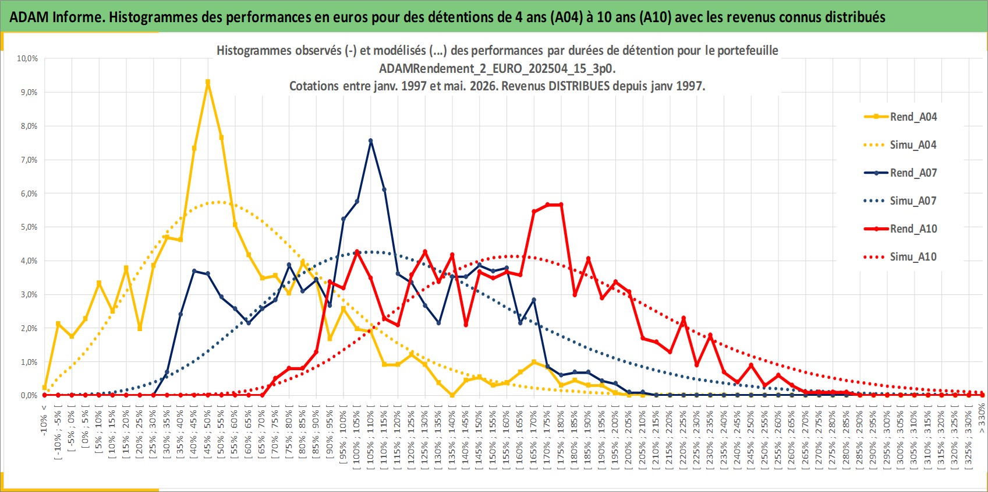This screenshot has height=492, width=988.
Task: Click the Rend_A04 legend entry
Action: pyautogui.click(x=900, y=117)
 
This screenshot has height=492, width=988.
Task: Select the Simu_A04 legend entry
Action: pyautogui.click(x=900, y=145)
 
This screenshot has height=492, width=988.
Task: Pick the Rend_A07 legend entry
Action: pyautogui.click(x=900, y=173)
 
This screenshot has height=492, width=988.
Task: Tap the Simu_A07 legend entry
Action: pyautogui.click(x=900, y=201)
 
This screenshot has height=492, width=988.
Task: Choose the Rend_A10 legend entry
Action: pyautogui.click(x=900, y=229)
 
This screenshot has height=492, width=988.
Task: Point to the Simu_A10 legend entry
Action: pyautogui.click(x=900, y=256)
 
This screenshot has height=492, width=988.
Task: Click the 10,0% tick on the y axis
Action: pyautogui.click(x=27, y=58)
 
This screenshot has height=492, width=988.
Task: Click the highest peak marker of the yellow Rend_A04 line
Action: pyautogui.click(x=208, y=82)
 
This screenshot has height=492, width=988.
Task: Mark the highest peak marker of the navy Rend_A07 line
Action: pyautogui.click(x=370, y=141)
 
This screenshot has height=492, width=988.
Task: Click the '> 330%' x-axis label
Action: pyautogui.click(x=982, y=419)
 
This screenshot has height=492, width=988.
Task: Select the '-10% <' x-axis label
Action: pyautogui.click(x=44, y=420)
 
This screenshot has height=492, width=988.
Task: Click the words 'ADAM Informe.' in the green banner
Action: pyautogui.click(x=57, y=17)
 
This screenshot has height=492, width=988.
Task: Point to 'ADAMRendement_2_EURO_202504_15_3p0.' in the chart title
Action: pyautogui.click(x=497, y=68)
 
